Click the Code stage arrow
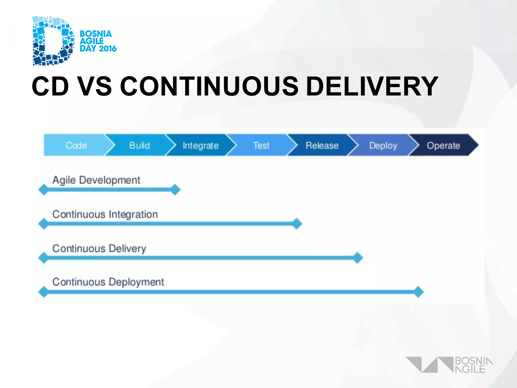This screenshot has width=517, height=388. tap(76, 145)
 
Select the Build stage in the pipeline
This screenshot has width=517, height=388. tap(139, 145)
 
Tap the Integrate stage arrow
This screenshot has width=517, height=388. tap(200, 145)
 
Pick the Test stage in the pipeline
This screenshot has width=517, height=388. tap(261, 145)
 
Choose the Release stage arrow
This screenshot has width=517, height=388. tap(322, 145)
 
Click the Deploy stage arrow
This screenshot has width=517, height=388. tap(383, 145)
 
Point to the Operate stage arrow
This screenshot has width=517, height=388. tap(443, 145)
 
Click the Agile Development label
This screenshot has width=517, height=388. tap(96, 180)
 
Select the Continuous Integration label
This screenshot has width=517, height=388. tap(105, 214)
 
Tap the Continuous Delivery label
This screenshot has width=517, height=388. tap(99, 249)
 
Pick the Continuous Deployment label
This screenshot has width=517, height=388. tap(108, 282)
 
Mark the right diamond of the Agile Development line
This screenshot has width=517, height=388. tap(175, 190)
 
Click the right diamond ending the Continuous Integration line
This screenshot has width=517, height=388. tap(297, 224)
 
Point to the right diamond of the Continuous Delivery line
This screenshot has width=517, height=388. tap(358, 258)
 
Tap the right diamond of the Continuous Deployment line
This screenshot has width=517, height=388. tap(418, 292)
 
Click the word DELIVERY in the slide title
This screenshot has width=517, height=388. tap(372, 86)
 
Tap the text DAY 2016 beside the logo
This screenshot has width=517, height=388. tap(98, 48)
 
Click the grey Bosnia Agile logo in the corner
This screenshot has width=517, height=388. tap(449, 365)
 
